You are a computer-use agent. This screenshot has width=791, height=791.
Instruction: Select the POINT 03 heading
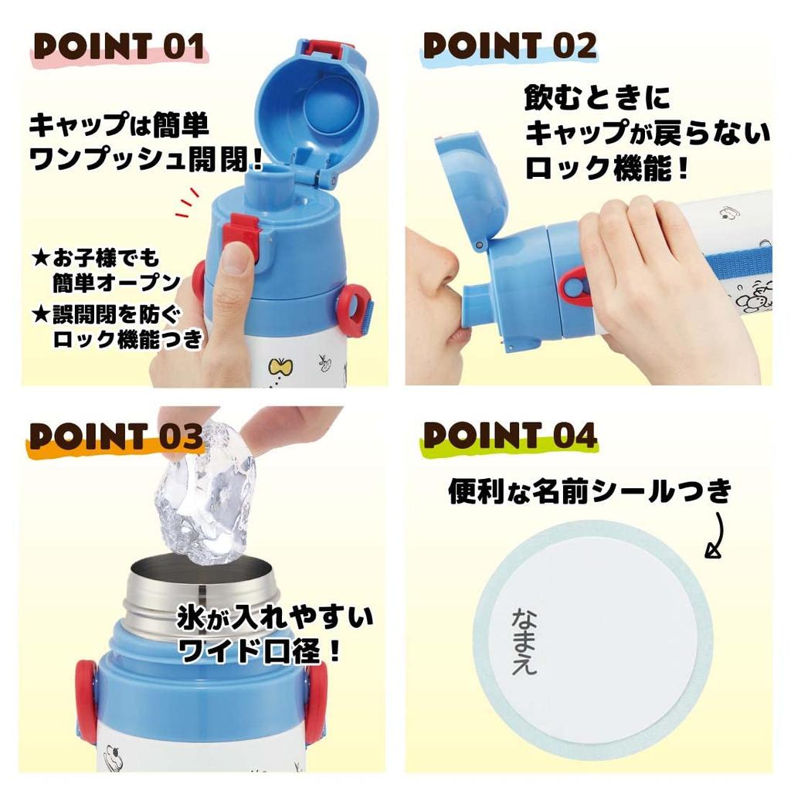(x=116, y=437)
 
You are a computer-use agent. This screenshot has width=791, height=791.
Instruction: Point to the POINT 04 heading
(x=510, y=437)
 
